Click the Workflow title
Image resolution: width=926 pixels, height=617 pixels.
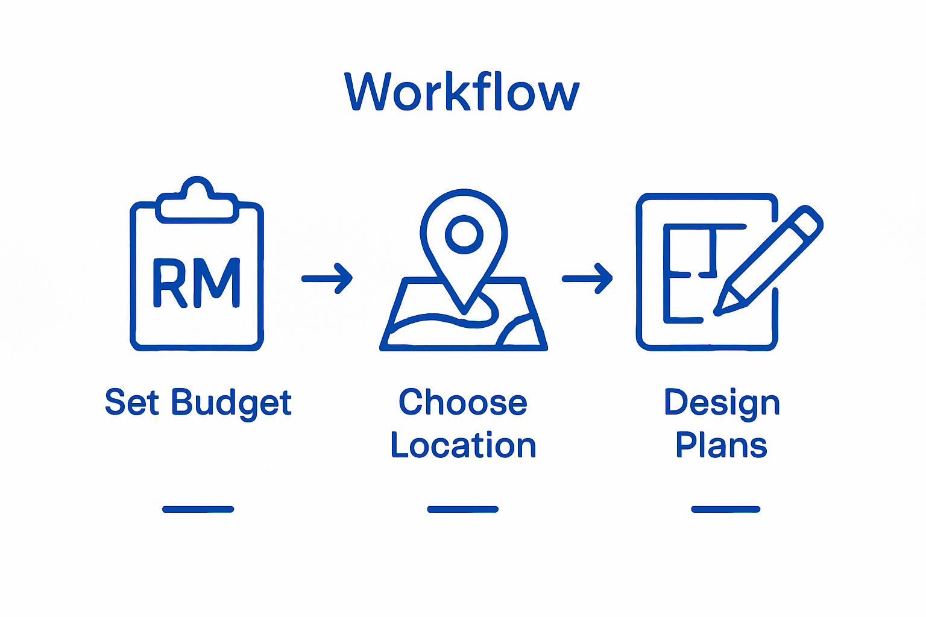(x=462, y=92)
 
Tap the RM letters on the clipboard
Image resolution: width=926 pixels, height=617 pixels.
(x=197, y=283)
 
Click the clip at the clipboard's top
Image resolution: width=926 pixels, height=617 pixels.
(x=196, y=201)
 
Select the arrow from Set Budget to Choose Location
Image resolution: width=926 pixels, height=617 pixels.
(x=327, y=278)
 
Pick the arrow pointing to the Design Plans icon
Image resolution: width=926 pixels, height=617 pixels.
(x=587, y=278)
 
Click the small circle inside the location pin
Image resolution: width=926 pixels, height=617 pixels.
(x=464, y=234)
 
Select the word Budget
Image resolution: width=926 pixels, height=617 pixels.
(x=231, y=403)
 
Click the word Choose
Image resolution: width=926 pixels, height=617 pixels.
(x=462, y=402)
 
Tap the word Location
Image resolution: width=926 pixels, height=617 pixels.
(x=463, y=445)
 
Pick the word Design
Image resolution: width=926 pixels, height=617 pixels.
(x=722, y=403)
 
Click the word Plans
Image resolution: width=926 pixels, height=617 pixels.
(x=721, y=445)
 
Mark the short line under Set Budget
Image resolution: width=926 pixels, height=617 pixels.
(x=198, y=509)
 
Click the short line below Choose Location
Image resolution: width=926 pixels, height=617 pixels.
(x=462, y=509)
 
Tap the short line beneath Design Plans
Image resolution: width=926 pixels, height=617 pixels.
(x=725, y=509)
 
